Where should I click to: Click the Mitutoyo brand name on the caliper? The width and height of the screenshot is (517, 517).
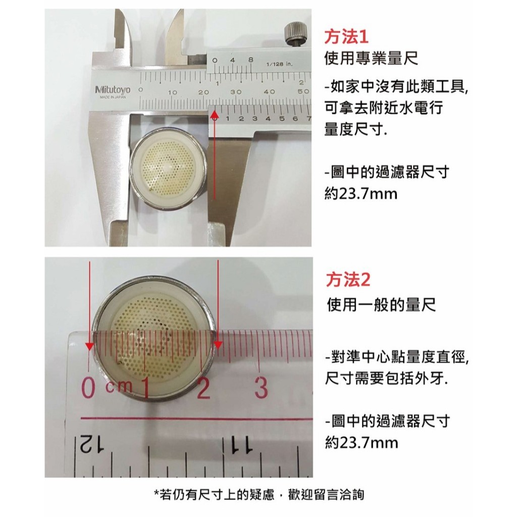pyautogui.click(x=113, y=90)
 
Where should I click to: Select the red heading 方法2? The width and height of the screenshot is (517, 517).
pyautogui.click(x=348, y=280)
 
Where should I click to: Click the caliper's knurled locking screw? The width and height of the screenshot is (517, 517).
pyautogui.click(x=294, y=34)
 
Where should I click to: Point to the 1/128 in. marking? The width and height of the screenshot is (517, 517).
pyautogui.click(x=279, y=64)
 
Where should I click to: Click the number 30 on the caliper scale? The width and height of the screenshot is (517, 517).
pyautogui.click(x=236, y=92)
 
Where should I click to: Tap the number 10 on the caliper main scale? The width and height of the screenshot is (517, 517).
pyautogui.click(x=173, y=92)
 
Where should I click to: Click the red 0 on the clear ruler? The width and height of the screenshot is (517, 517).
pyautogui.click(x=88, y=389)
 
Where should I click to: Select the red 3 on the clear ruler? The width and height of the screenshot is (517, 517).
pyautogui.click(x=261, y=388)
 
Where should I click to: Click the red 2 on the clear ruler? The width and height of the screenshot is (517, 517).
pyautogui.click(x=203, y=388)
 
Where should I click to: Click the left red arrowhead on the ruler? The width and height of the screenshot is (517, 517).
pyautogui.click(x=89, y=345)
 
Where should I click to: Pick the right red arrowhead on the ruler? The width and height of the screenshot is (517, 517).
pyautogui.click(x=218, y=345)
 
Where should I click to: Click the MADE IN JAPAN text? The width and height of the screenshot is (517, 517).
pyautogui.click(x=113, y=97)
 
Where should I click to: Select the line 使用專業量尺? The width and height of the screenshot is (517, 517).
pyautogui.click(x=371, y=59)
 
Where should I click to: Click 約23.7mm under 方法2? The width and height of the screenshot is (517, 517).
pyautogui.click(x=361, y=443)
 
